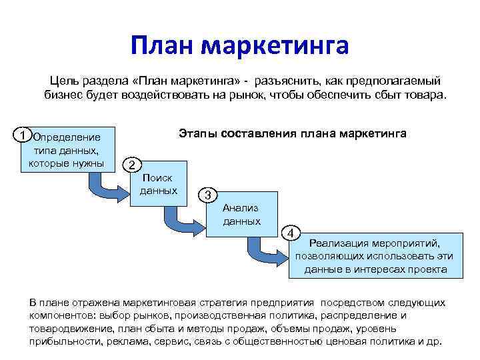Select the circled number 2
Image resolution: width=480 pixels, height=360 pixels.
(133, 165)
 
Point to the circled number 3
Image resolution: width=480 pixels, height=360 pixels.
(209, 195)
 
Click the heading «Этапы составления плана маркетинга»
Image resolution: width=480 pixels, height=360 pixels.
(292, 133)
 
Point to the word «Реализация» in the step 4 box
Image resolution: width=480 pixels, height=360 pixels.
(347, 243)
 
